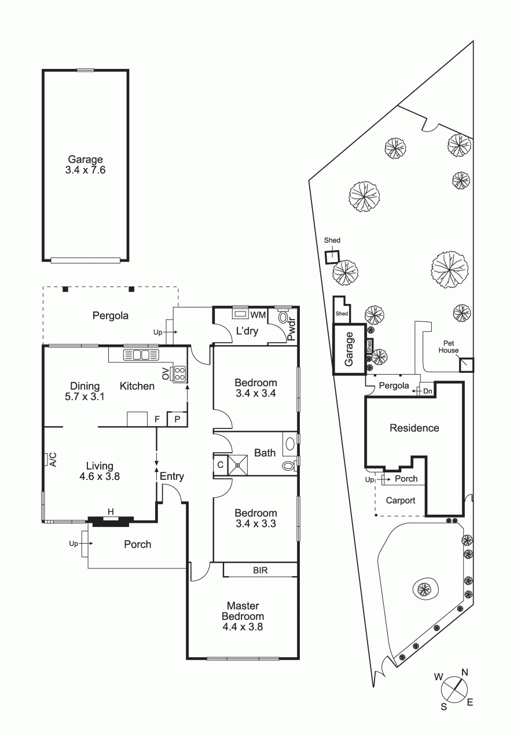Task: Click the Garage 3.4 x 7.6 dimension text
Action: click(85, 170)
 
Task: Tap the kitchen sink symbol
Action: click(141, 355)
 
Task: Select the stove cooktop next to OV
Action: click(179, 374)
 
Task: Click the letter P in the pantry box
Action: click(177, 419)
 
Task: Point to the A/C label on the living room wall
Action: click(53, 460)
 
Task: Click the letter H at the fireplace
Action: click(111, 512)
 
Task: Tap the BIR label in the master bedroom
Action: click(260, 570)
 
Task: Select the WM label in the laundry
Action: click(258, 315)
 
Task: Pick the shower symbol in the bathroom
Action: click(237, 465)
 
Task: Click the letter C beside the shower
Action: click(221, 464)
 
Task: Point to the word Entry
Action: click(172, 476)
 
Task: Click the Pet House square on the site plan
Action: click(467, 365)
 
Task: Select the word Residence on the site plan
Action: click(414, 428)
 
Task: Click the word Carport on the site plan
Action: click(400, 500)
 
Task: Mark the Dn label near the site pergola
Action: click(427, 391)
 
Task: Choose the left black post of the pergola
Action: click(66, 289)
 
